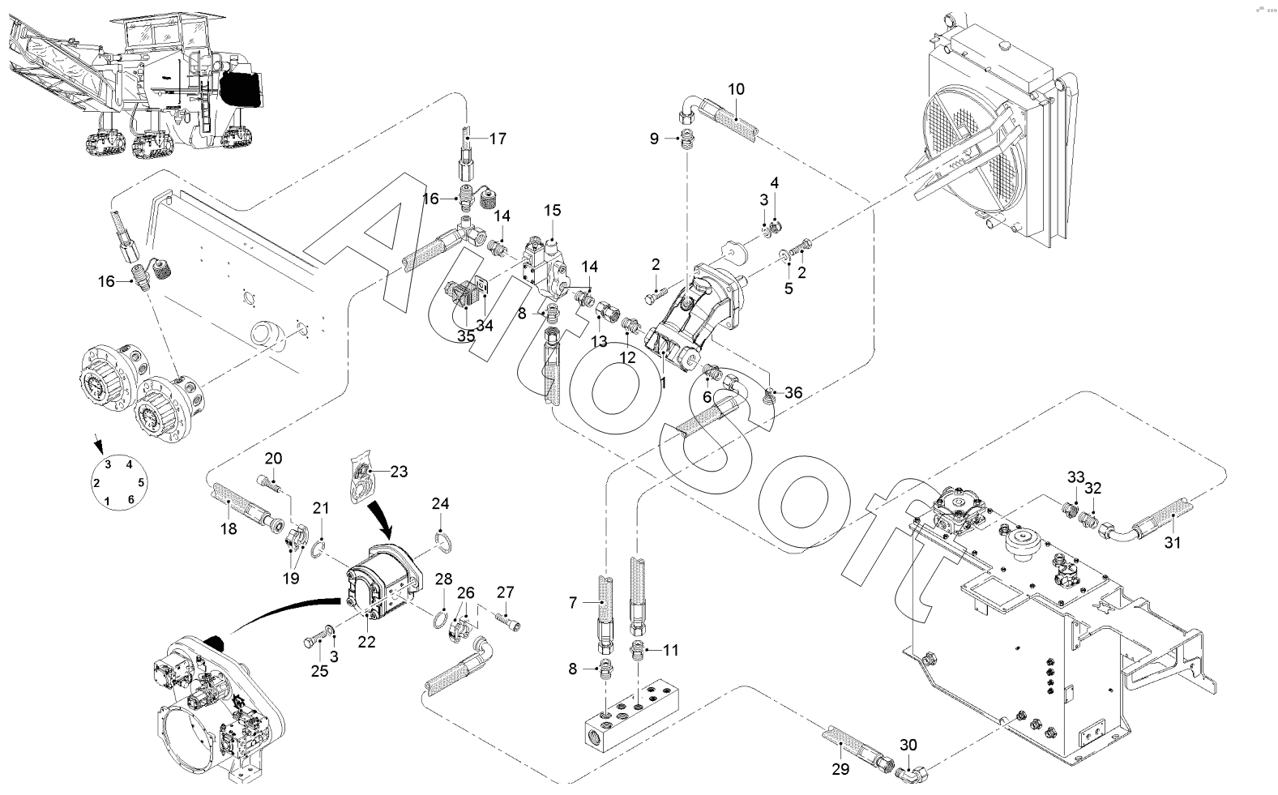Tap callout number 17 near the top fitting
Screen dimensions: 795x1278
(497, 139)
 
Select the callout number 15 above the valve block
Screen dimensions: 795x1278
(552, 211)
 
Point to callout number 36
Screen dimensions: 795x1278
(793, 393)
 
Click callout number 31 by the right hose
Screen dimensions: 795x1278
(1173, 542)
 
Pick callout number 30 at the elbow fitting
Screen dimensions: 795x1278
(908, 745)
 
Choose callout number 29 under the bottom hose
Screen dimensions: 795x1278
(840, 769)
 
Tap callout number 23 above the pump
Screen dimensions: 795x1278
(399, 471)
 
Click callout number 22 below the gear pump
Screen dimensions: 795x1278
(367, 642)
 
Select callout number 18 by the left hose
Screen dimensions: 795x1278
(229, 528)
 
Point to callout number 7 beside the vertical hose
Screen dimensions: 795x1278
(573, 603)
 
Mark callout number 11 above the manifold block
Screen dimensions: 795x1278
(671, 650)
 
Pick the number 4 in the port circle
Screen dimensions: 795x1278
(129, 464)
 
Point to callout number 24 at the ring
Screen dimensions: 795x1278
(440, 503)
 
